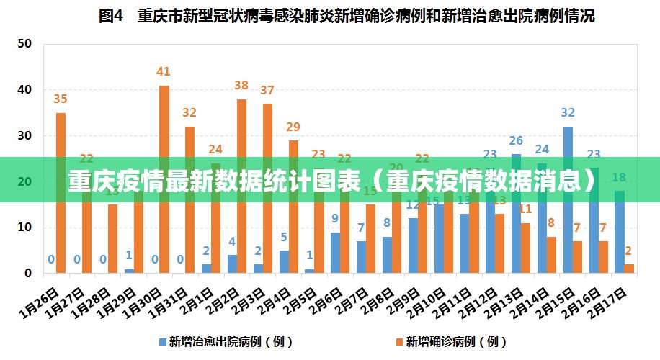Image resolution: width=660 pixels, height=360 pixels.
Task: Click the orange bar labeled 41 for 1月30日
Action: point(164,179)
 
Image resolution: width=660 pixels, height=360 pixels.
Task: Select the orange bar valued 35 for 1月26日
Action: point(61,193)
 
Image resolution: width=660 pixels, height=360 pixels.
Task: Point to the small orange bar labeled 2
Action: point(629,269)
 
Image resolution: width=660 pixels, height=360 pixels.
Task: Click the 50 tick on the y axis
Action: point(25,43)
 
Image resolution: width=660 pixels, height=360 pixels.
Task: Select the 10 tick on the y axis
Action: point(25,228)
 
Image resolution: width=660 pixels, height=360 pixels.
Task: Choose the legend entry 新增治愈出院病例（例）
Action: point(215,341)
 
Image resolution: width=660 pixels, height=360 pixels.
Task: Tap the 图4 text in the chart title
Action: point(112,16)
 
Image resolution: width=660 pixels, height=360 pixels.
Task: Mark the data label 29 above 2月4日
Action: point(293,127)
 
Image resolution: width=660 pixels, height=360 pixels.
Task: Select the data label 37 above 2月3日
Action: point(267,90)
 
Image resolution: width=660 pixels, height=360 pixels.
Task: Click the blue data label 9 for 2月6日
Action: point(335,218)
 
